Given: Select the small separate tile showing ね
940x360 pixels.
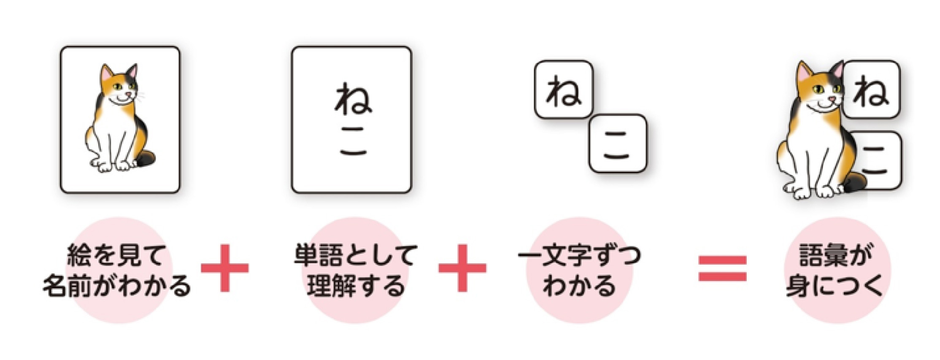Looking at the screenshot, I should click(564, 89).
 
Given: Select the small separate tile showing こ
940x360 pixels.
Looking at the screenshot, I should click(618, 143).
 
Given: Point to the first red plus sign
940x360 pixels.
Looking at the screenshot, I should click(225, 268).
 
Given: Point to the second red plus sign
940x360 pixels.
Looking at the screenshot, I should click(462, 268).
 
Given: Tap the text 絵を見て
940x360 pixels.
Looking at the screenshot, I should click(116, 255).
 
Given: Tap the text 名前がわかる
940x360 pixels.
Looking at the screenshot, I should click(116, 286).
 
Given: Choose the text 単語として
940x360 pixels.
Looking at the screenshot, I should click(356, 255).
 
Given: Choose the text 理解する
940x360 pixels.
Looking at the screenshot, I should click(356, 286).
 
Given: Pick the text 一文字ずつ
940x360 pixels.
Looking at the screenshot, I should click(579, 255).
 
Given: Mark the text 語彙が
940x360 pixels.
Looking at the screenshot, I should click(835, 255).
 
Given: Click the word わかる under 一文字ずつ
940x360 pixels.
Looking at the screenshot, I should click(579, 286).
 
